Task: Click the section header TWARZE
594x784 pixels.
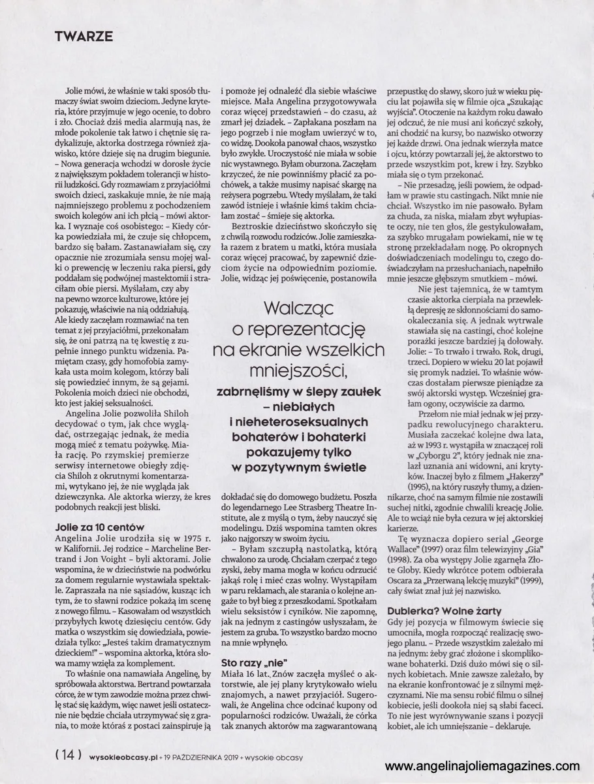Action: click(84, 36)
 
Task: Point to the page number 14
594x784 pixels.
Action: click(68, 756)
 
